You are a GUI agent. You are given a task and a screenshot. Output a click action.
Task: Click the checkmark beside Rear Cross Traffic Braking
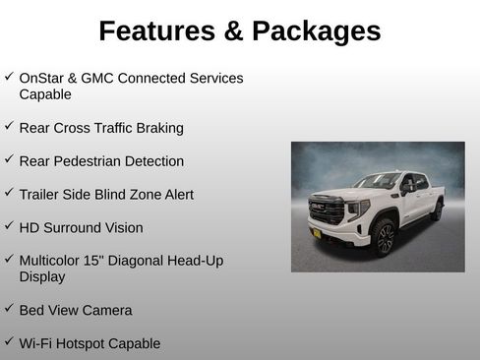click(9, 126)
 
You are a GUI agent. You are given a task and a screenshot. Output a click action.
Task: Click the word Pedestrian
click(94, 161)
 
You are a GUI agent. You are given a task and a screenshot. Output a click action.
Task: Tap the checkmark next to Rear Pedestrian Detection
click(9, 159)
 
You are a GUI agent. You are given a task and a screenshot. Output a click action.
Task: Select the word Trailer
click(41, 195)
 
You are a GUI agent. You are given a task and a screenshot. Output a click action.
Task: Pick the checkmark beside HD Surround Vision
click(9, 226)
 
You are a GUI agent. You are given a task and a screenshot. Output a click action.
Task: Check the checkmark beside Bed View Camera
click(9, 309)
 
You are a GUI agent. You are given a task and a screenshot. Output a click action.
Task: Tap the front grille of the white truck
click(327, 209)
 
